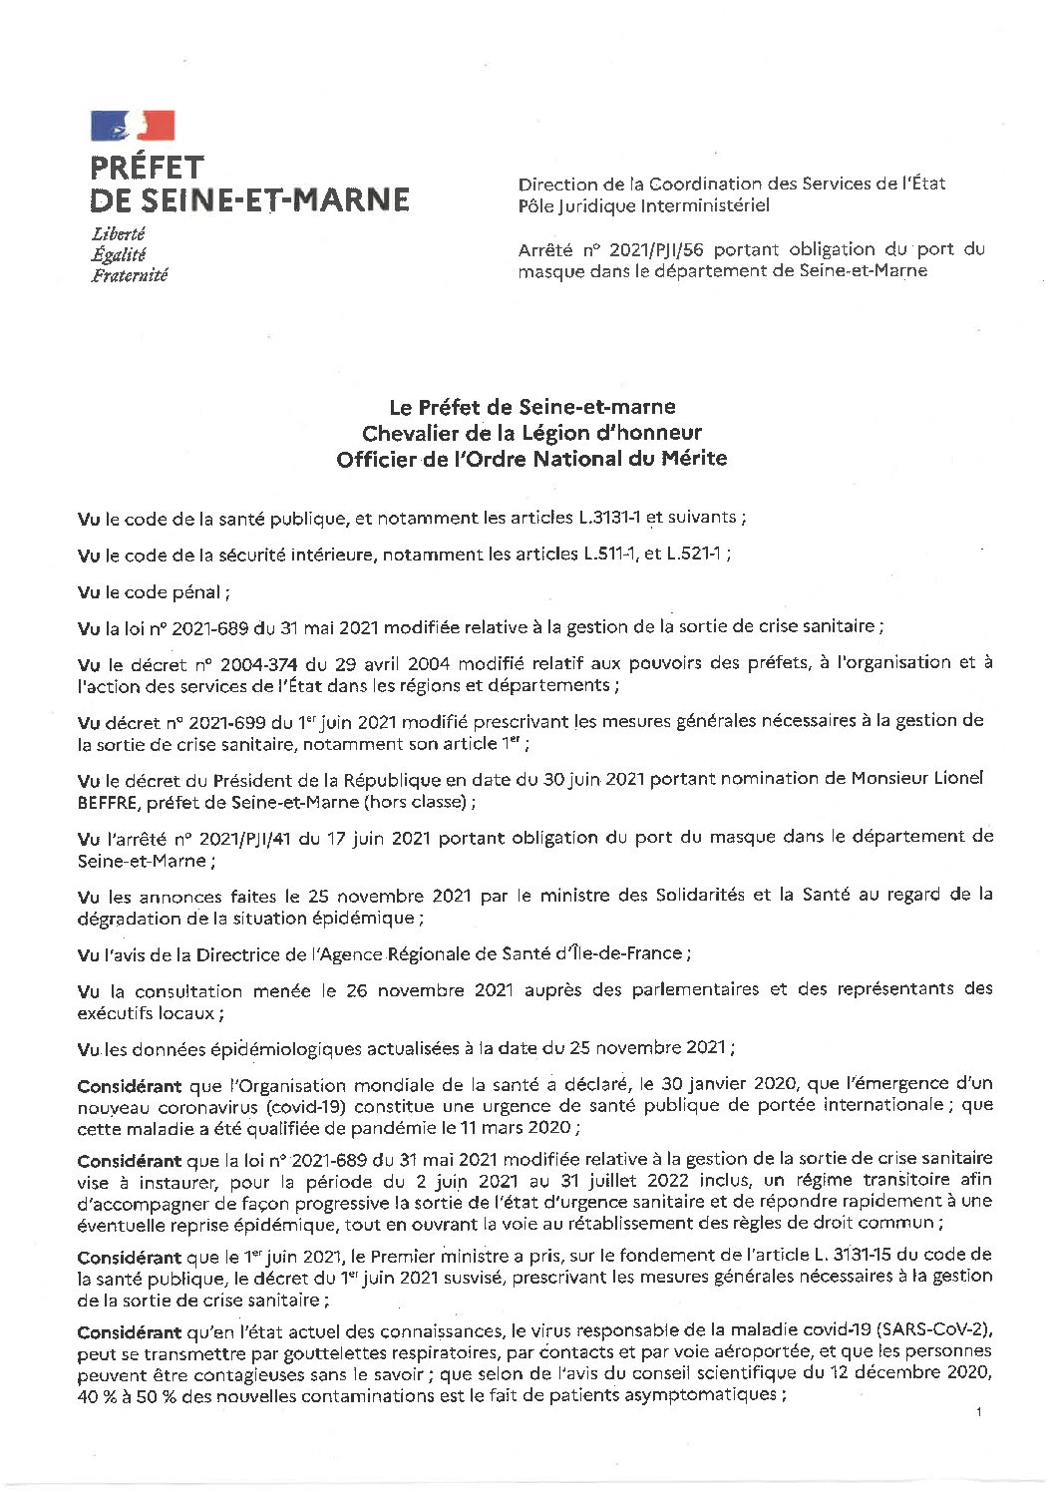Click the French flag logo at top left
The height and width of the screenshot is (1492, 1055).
133,126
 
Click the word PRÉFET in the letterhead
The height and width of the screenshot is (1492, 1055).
147,167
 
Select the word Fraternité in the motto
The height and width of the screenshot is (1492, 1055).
130,275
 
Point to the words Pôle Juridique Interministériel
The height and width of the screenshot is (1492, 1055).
643,205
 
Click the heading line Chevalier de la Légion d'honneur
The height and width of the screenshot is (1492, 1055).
531,433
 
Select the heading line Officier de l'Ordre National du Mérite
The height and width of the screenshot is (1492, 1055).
531,459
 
